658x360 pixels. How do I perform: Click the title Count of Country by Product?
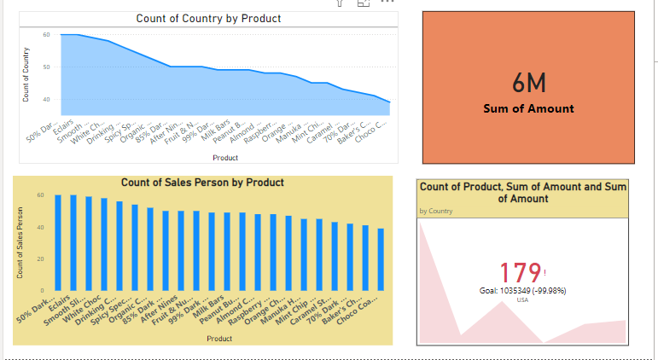tap(208, 19)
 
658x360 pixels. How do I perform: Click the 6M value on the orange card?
tap(528, 84)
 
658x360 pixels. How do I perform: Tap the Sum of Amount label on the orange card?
tap(528, 108)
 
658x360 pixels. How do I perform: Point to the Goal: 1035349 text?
tap(522, 291)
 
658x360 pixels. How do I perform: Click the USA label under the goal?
tap(522, 300)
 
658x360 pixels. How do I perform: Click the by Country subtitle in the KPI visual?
tap(436, 210)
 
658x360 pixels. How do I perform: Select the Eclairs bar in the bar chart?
tap(73, 242)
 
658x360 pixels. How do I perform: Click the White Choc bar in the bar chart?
tap(104, 245)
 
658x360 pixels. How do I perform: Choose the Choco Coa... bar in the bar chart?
tap(380, 259)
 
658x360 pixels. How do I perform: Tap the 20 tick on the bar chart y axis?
tap(39, 258)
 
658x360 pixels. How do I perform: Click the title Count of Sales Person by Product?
tap(202, 183)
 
